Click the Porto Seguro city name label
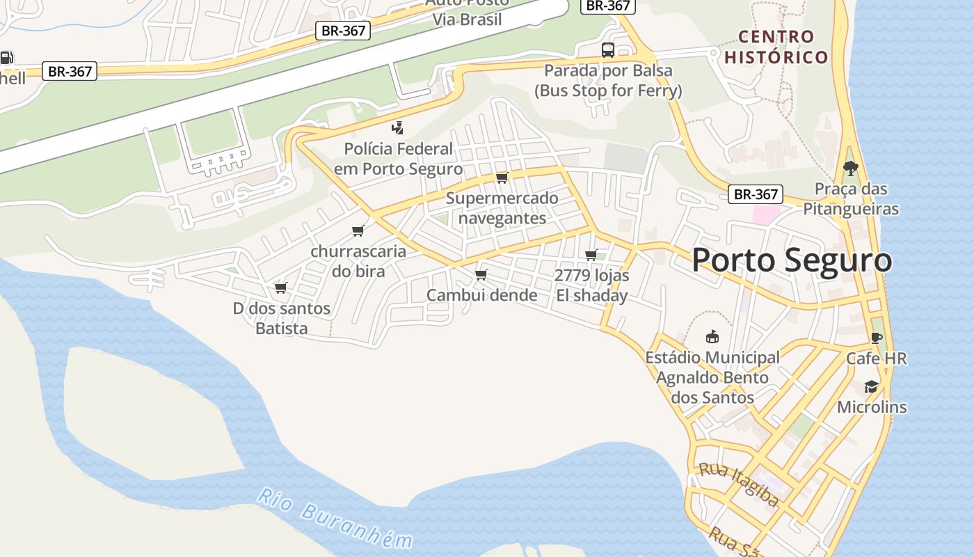[792, 260]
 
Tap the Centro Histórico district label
[776, 47]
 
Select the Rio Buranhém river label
[335, 519]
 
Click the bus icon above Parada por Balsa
[607, 49]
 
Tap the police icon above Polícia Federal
[397, 127]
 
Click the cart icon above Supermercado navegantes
[502, 178]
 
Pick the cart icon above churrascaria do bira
[358, 230]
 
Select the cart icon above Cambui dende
[481, 274]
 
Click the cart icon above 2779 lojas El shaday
[591, 255]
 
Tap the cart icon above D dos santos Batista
[281, 288]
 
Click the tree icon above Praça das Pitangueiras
[850, 168]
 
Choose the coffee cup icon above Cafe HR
[876, 338]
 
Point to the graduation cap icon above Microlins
[871, 386]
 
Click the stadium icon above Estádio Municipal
[712, 337]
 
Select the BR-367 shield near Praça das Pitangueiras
[756, 194]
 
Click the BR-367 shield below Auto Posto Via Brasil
[343, 31]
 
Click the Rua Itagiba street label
[738, 484]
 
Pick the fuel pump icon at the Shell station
[6, 58]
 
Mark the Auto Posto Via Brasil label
[467, 11]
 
